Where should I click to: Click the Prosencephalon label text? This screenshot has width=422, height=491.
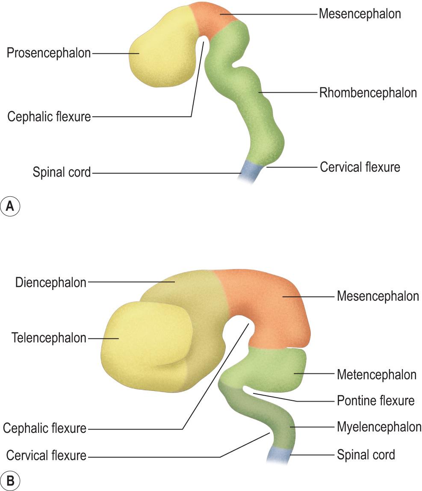pyautogui.click(x=48, y=53)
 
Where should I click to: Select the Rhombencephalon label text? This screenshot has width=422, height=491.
pyautogui.click(x=368, y=93)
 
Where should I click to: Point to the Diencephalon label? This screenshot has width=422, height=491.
pyautogui.click(x=50, y=283)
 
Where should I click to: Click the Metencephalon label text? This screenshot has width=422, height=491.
pyautogui.click(x=376, y=375)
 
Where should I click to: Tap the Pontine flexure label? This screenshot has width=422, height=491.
pyautogui.click(x=375, y=401)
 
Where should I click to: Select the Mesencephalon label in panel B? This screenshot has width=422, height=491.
pyautogui.click(x=378, y=296)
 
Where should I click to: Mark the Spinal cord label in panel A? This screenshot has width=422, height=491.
pyautogui.click(x=62, y=173)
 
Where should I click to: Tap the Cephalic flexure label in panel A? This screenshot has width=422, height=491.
pyautogui.click(x=49, y=116)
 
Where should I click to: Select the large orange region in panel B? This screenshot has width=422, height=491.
pyautogui.click(x=274, y=308)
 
